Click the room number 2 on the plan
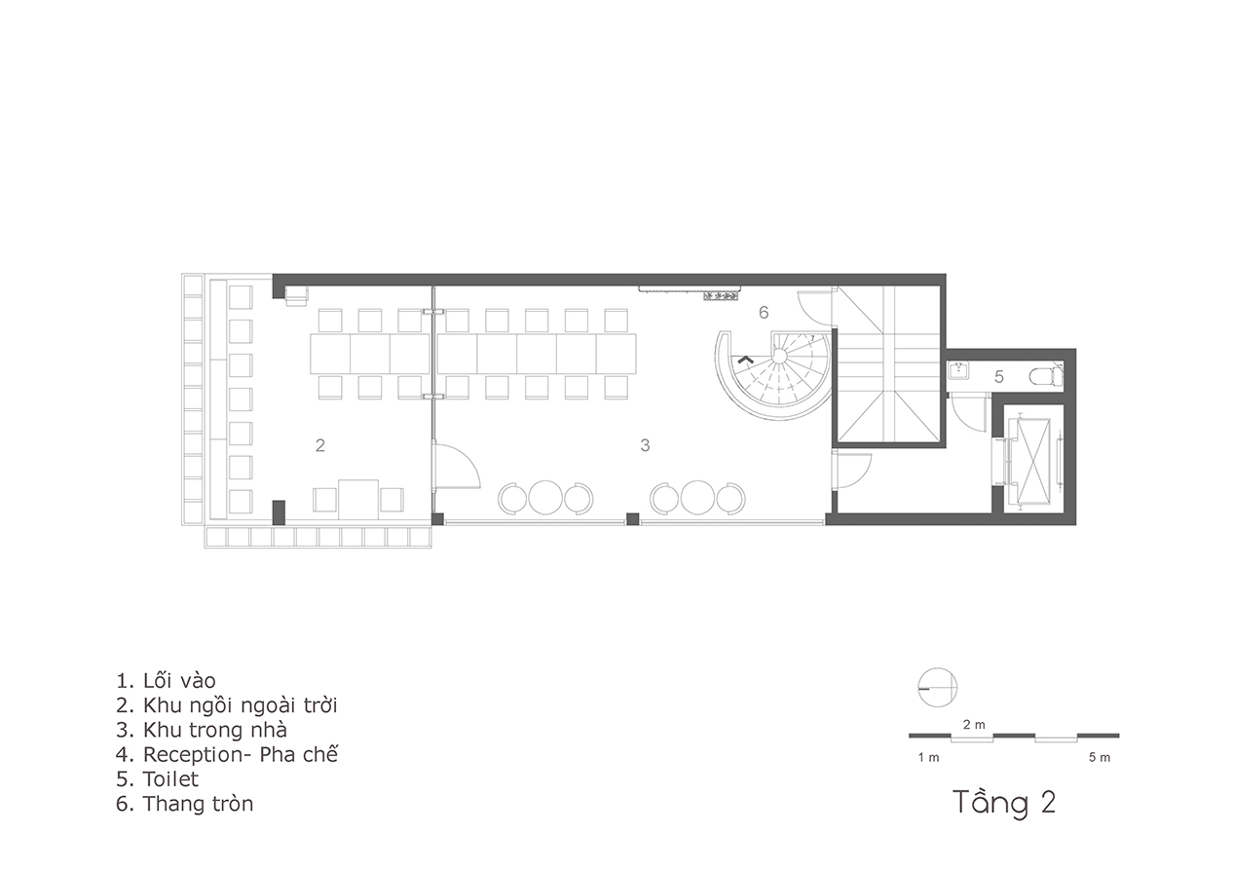(319, 445)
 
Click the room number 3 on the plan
(645, 445)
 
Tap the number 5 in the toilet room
(999, 377)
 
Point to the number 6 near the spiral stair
(764, 313)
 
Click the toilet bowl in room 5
(1045, 377)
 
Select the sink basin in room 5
(960, 370)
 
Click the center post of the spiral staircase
(779, 357)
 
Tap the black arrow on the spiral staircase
(745, 360)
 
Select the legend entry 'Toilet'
(170, 779)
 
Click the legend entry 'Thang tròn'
(198, 804)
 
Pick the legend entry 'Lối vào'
(179, 681)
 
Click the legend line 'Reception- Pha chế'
(227, 754)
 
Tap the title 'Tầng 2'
(1004, 802)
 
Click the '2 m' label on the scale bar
(974, 725)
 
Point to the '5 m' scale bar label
(1100, 757)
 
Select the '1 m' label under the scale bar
(928, 757)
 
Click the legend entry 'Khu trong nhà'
(215, 730)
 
